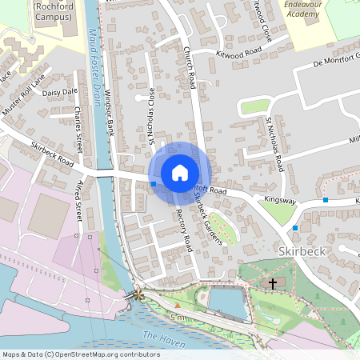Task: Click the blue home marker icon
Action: point(180,172)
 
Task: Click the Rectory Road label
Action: point(183,226)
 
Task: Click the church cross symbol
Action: point(272,284)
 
